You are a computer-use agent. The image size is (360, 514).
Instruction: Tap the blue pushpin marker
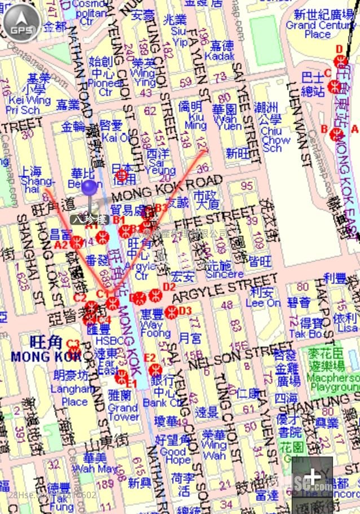coord(89,188)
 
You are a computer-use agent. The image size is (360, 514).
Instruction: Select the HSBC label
coord(105,341)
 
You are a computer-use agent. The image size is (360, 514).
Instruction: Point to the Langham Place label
coord(74,395)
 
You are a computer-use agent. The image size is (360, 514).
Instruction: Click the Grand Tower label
coord(123,411)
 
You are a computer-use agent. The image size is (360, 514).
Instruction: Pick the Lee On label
coord(263,303)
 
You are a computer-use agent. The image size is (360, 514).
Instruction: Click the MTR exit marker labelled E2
coord(156,370)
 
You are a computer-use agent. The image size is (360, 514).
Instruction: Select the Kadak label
coord(220,56)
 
